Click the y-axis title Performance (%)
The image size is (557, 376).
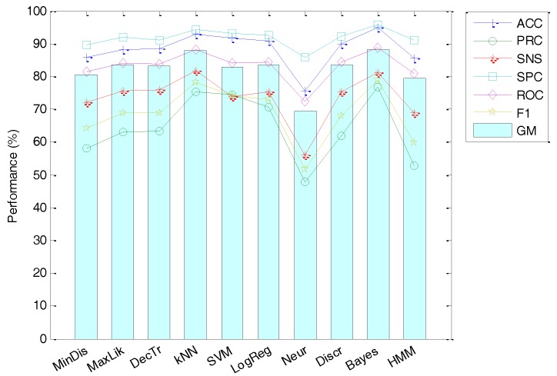coord(13,175)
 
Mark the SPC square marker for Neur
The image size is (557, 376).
coord(306,57)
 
